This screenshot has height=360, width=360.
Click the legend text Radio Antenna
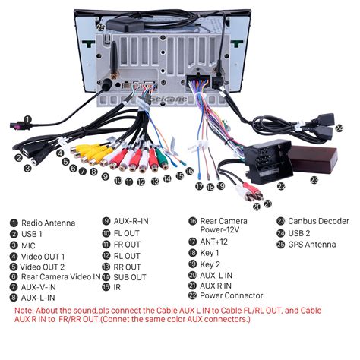[48, 223]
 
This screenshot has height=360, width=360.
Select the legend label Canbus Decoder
[318, 221]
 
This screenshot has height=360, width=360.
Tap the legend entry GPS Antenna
[312, 245]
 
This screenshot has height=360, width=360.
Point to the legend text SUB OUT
[130, 277]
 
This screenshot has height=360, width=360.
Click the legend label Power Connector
[232, 295]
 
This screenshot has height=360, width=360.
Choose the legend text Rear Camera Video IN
[61, 277]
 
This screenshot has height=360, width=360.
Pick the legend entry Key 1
[210, 253]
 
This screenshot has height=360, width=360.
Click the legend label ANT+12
[213, 242]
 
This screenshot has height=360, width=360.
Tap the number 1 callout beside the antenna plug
[27, 119]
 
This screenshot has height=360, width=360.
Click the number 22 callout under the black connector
[281, 187]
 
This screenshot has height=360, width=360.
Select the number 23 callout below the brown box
[314, 180]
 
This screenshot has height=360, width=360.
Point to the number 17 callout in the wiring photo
[199, 187]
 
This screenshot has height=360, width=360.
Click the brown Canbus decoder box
[313, 159]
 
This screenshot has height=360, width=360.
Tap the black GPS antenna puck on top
[125, 24]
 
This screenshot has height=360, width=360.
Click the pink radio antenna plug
[19, 125]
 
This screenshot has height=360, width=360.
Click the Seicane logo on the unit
[169, 99]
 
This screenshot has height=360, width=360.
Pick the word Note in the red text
[24, 311]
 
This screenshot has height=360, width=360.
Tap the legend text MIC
[28, 246]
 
